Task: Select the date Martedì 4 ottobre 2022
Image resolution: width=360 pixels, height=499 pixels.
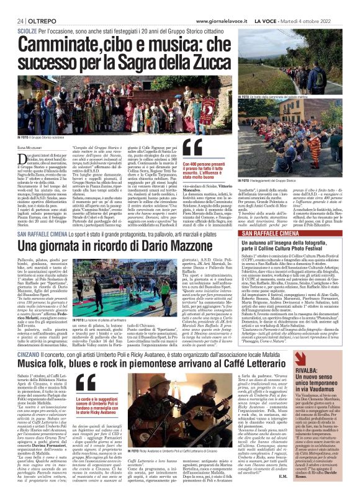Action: click(322, 6)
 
